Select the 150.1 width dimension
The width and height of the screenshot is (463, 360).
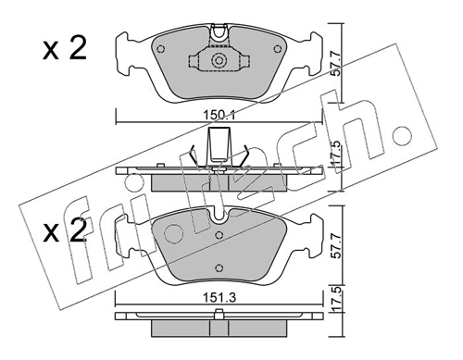click(x=220, y=116)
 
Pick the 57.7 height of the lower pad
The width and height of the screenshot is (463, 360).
click(x=342, y=248)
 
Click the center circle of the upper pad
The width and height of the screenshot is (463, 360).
click(x=219, y=63)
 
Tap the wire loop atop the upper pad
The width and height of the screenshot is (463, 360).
click(x=219, y=33)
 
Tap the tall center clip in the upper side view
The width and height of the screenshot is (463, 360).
click(x=219, y=145)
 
